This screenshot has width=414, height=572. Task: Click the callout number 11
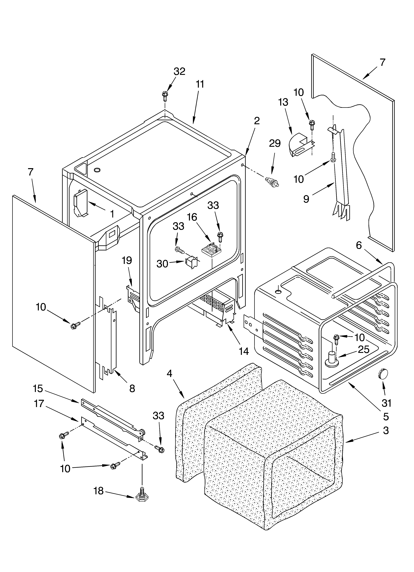tap(200, 84)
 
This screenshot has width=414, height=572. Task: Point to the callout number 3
tap(386, 430)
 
